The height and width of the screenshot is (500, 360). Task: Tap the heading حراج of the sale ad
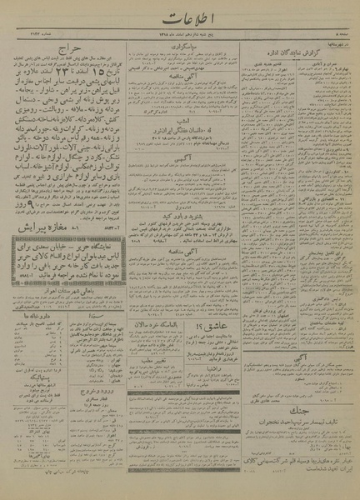[68, 51]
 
